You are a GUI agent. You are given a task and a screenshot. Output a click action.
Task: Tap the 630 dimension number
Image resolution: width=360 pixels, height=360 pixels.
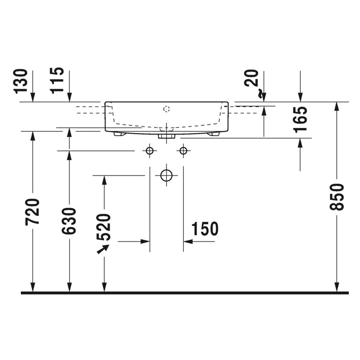click(69, 221)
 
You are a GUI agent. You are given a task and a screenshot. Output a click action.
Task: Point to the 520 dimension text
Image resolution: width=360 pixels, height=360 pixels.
click(104, 227)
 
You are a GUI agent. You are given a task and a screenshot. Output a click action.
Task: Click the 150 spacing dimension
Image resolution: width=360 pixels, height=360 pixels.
click(205, 229)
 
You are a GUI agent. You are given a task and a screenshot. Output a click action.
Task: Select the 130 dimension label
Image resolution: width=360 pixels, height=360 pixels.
click(21, 81)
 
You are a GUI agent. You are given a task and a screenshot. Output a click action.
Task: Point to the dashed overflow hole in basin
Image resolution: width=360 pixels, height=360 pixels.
click(166, 109)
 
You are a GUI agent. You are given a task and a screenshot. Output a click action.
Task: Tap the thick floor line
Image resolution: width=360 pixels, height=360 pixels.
click(185, 293)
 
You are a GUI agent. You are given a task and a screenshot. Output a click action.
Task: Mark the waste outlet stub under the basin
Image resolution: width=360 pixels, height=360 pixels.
click(166, 137)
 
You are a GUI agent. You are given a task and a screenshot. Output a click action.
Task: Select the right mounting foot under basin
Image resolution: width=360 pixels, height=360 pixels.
click(213, 134)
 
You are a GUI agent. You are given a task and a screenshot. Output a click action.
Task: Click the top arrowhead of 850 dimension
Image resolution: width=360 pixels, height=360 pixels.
click(337, 106)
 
